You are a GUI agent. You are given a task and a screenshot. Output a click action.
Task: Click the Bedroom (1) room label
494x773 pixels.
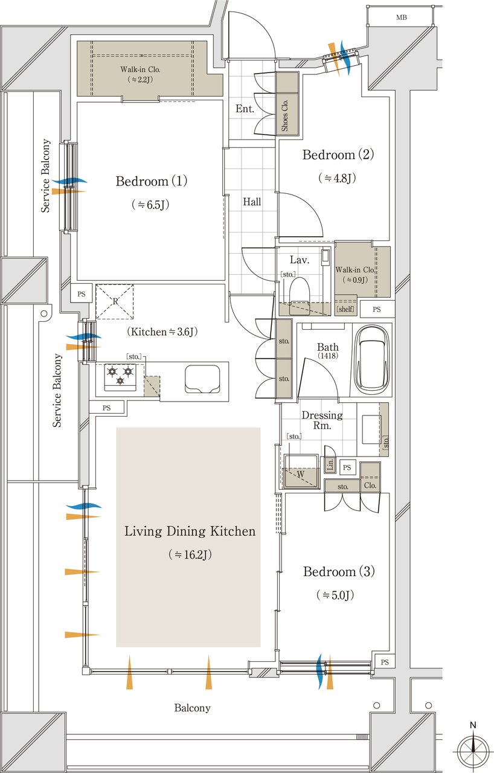pyautogui.click(x=151, y=181)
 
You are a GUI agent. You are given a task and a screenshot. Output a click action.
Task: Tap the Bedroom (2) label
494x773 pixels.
pyautogui.click(x=338, y=155)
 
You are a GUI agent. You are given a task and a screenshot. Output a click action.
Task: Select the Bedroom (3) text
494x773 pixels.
pyautogui.click(x=339, y=571)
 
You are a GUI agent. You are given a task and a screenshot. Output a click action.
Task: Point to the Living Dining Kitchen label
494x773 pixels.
pyautogui.click(x=190, y=531)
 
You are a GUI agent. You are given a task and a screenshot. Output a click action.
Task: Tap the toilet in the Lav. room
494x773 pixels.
pyautogui.click(x=300, y=296)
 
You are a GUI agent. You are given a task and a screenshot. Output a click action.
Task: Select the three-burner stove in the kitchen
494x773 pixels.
pyautogui.click(x=120, y=377)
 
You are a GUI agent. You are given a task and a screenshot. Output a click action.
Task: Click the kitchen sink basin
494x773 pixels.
pyautogui.click(x=202, y=379)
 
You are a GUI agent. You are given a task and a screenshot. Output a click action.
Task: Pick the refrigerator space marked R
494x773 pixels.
pyautogui.click(x=115, y=301)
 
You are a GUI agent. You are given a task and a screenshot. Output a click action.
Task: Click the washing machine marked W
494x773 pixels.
pyautogui.click(x=301, y=471)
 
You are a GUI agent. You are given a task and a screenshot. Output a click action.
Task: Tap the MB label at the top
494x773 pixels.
pyautogui.click(x=401, y=18)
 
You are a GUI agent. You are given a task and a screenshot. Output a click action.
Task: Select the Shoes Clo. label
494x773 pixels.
pyautogui.click(x=285, y=115)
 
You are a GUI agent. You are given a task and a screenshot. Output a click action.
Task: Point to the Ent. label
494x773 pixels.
pyautogui.click(x=245, y=109)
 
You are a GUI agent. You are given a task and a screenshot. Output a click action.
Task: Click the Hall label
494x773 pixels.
pyautogui.click(x=252, y=202)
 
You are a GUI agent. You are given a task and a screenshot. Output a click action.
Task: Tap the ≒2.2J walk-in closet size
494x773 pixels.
pyautogui.click(x=140, y=79)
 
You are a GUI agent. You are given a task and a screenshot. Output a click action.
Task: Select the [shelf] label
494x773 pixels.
pyautogui.click(x=345, y=309)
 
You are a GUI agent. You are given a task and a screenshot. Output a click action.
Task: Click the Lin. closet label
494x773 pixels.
pyautogui.click(x=330, y=464)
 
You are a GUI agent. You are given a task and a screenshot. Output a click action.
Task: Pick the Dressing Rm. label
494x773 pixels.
pyautogui.click(x=322, y=420)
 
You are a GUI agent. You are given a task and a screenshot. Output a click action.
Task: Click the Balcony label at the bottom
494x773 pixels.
pyautogui.click(x=192, y=708)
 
